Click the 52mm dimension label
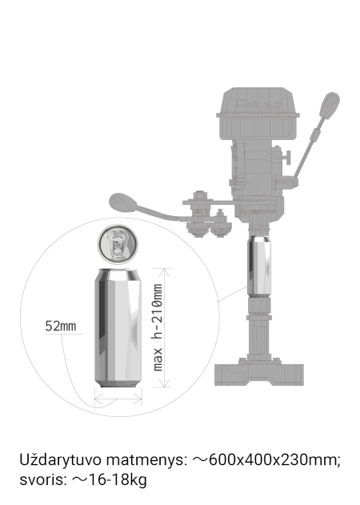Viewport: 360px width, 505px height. (x=61, y=326)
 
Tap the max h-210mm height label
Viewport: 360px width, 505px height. (x=158, y=327)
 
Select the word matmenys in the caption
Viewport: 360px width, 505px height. (x=146, y=460)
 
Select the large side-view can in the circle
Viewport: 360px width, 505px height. (x=118, y=327)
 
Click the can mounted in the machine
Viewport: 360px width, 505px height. (x=259, y=266)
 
